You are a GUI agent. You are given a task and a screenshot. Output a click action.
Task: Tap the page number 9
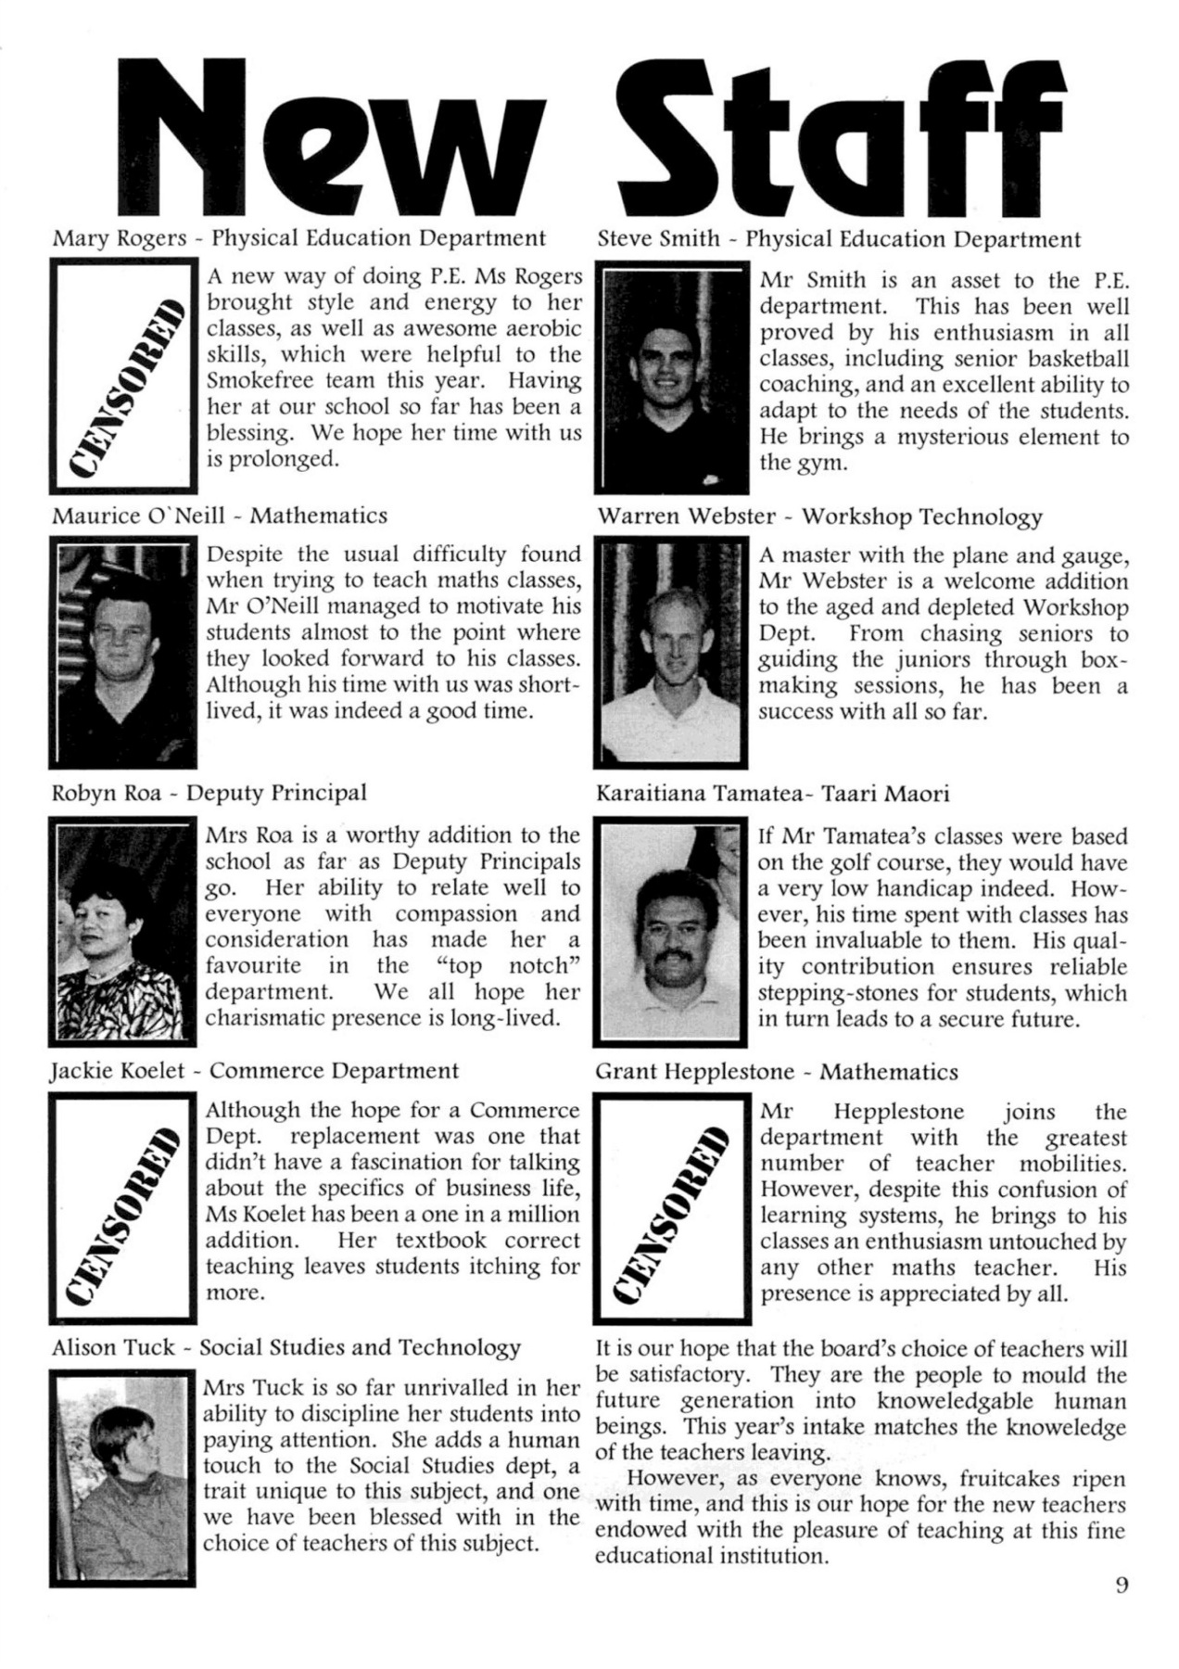coord(1122,1584)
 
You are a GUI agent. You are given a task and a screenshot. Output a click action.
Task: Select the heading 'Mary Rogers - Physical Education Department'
coord(298,238)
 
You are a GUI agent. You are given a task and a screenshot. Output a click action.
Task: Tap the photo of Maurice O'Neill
coord(124,655)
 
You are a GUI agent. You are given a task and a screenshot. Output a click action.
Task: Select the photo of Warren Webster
coord(672,654)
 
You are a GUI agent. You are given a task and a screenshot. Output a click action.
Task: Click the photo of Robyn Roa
coord(124,932)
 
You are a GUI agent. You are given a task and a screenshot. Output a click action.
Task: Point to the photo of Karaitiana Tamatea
coord(672,932)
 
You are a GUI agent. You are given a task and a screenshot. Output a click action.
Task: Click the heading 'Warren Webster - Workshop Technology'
coord(819,516)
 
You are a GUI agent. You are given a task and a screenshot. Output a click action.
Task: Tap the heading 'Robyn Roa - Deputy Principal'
coord(209,793)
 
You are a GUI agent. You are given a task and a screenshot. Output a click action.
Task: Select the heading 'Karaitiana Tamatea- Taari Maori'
coord(772,794)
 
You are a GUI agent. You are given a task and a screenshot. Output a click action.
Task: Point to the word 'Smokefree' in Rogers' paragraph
coord(256,380)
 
